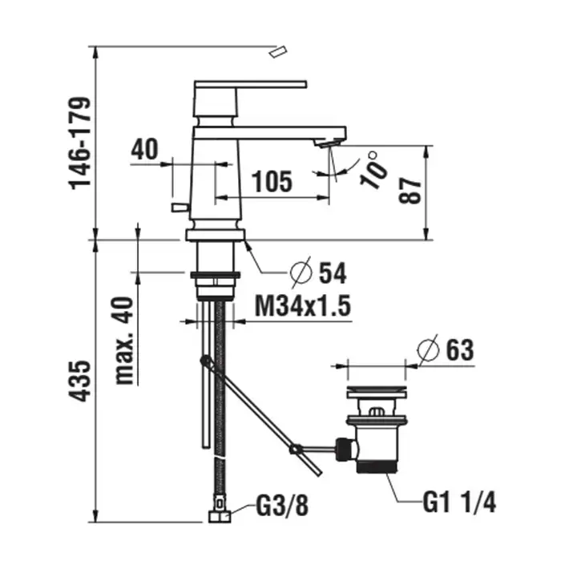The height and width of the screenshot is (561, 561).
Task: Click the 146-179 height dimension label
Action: tap(80, 143)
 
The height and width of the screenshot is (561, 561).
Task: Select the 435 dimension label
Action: tap(80, 381)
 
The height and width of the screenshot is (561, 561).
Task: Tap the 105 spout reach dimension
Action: tap(272, 181)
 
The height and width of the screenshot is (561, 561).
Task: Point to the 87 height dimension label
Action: tap(410, 192)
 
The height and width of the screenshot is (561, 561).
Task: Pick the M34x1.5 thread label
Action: tap(303, 306)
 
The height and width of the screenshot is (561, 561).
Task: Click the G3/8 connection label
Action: tap(282, 505)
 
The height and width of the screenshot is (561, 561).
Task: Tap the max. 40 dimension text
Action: tap(125, 341)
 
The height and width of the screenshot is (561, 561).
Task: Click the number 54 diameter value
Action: tap(333, 273)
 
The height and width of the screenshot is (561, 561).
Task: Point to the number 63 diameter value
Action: tap(460, 349)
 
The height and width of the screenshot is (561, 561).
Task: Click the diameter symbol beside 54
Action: tap(301, 272)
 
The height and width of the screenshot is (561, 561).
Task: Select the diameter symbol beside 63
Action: tap(428, 349)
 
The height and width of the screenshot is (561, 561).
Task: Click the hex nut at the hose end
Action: tap(220, 516)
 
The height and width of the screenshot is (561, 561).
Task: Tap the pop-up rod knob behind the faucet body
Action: tap(180, 207)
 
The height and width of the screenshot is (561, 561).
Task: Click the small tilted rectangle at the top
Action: tap(278, 52)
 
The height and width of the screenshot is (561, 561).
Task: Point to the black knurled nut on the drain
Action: tap(344, 448)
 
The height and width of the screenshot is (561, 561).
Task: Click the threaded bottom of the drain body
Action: tap(377, 466)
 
